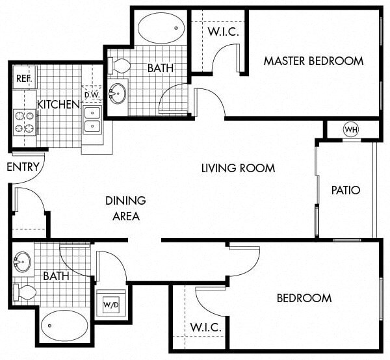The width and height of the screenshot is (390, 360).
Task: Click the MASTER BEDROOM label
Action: (x=313, y=61)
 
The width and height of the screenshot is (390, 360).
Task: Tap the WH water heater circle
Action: (x=351, y=129)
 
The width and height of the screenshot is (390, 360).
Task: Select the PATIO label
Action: (x=345, y=190)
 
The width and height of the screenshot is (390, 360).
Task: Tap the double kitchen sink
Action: (x=92, y=119)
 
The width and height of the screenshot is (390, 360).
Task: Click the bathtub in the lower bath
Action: (x=64, y=326)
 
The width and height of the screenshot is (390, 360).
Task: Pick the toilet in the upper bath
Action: (x=119, y=66)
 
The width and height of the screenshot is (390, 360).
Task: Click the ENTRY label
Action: (x=23, y=167)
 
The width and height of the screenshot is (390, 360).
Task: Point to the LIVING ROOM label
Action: (x=238, y=168)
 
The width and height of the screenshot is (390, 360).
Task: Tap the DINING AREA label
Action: (x=125, y=208)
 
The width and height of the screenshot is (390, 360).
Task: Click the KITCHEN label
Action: (x=58, y=104)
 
